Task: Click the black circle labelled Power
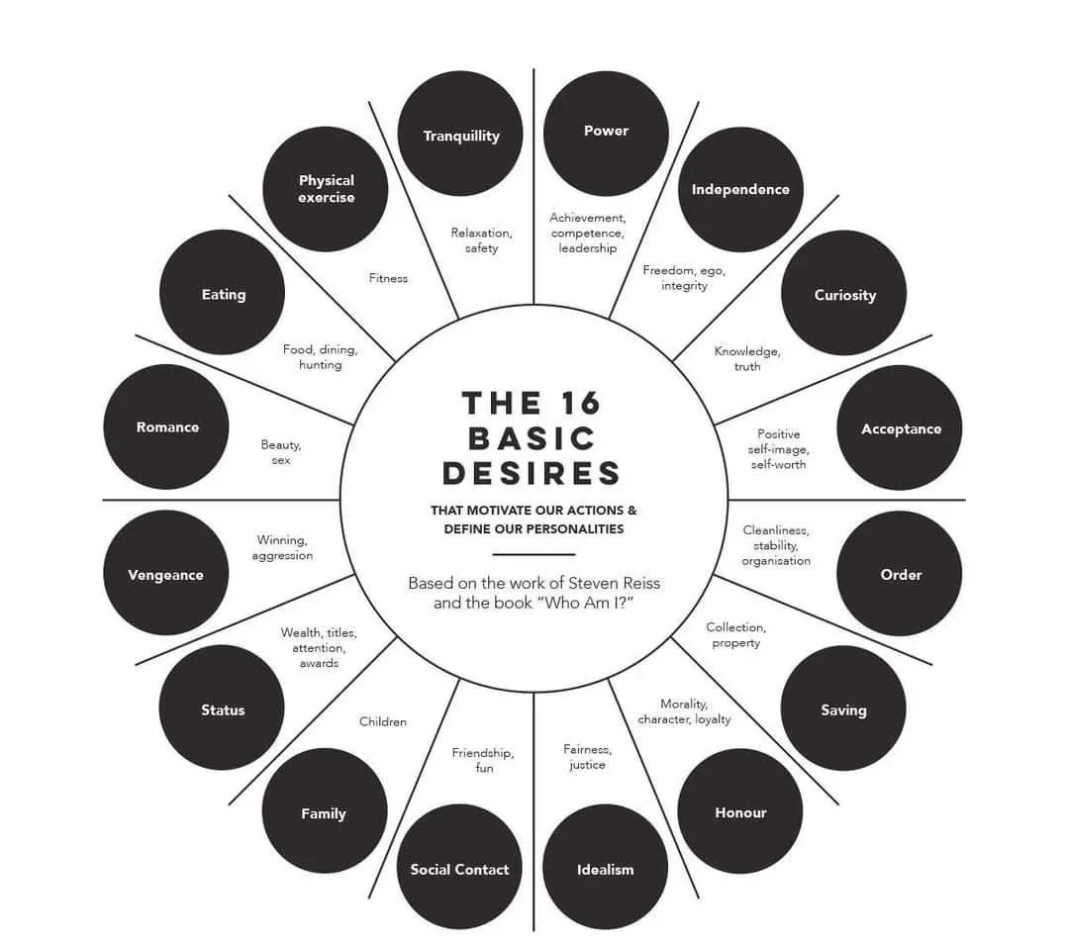pyautogui.click(x=606, y=133)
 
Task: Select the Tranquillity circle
pyautogui.click(x=460, y=134)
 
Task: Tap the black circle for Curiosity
pyautogui.click(x=843, y=293)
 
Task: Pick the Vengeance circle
pyautogui.click(x=165, y=574)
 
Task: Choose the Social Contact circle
pyautogui.click(x=459, y=867)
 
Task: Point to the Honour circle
pyautogui.click(x=740, y=811)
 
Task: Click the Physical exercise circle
pyautogui.click(x=326, y=189)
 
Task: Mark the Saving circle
pyautogui.click(x=843, y=708)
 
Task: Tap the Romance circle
pyautogui.click(x=166, y=426)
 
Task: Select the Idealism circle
pyautogui.click(x=605, y=868)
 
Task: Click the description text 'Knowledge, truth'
pyautogui.click(x=747, y=358)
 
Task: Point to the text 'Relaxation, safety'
pyautogui.click(x=481, y=240)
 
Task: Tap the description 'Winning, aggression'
pyautogui.click(x=282, y=548)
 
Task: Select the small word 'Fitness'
pyautogui.click(x=388, y=278)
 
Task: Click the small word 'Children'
pyautogui.click(x=383, y=721)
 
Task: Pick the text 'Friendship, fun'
pyautogui.click(x=483, y=760)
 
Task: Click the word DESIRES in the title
pyautogui.click(x=532, y=473)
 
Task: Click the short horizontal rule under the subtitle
pyautogui.click(x=534, y=555)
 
